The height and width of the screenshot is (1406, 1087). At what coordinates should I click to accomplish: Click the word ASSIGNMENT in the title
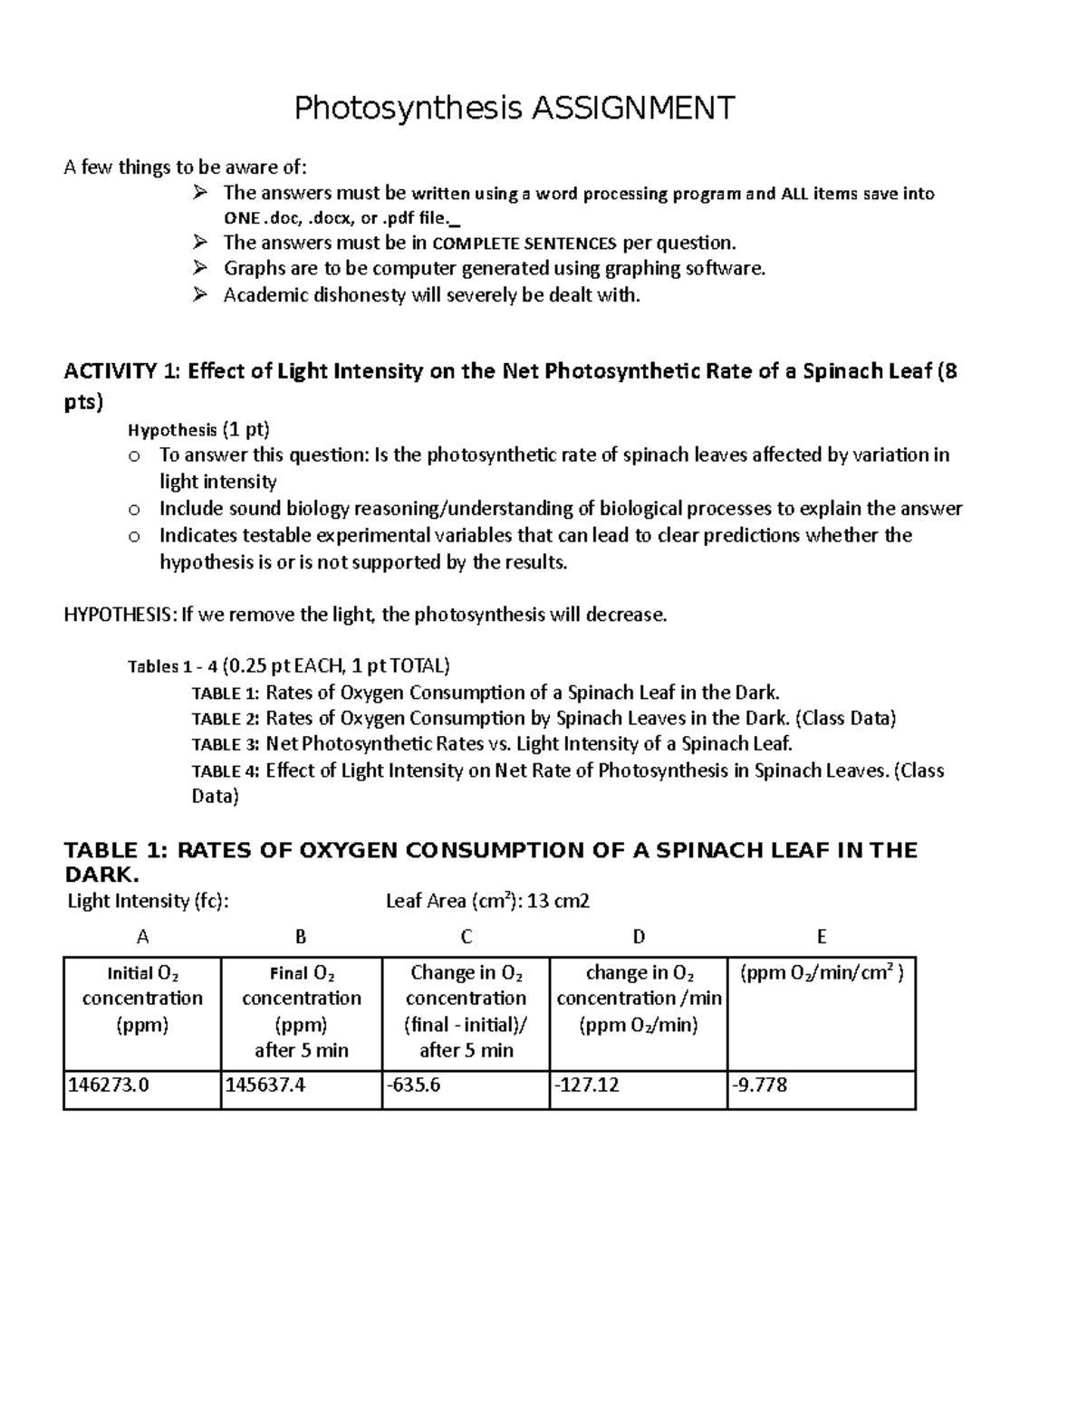tap(632, 109)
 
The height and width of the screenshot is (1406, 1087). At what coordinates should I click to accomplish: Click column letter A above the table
tap(142, 937)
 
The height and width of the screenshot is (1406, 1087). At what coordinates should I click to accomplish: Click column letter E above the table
tap(822, 937)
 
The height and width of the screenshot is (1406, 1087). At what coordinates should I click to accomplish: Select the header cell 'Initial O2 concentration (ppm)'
tap(142, 999)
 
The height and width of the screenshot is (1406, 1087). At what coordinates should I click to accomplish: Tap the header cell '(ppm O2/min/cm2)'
tap(822, 974)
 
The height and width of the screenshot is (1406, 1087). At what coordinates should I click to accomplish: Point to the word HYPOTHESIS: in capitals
tap(120, 616)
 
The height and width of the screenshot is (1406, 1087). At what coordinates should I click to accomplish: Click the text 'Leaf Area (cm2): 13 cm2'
tap(487, 901)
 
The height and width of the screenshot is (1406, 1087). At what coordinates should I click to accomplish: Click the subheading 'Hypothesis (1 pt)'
tap(198, 429)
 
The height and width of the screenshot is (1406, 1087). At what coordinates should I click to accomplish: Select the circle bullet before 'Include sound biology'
tap(134, 510)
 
